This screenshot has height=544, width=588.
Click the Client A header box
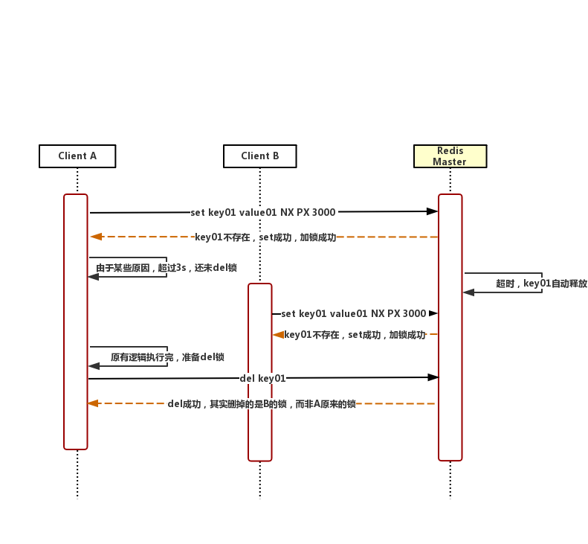(x=77, y=156)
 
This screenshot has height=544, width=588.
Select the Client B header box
(x=259, y=156)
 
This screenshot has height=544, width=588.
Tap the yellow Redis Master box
(x=450, y=156)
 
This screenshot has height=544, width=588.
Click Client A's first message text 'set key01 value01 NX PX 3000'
(x=262, y=212)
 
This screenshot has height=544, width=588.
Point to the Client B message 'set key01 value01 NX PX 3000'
(x=353, y=314)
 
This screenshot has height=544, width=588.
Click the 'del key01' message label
(x=262, y=378)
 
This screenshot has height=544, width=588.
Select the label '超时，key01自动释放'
(x=541, y=284)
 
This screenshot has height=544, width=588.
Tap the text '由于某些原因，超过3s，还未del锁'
(x=166, y=268)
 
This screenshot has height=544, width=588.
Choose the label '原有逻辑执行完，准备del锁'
(x=167, y=357)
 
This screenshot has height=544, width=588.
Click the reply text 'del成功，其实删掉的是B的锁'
(x=262, y=404)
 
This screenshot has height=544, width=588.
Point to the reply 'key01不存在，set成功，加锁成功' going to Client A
(x=265, y=237)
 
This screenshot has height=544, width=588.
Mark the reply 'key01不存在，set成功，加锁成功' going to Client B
(x=355, y=335)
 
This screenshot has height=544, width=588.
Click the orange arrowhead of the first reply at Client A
(x=96, y=237)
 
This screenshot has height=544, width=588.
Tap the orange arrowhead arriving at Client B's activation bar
(x=278, y=335)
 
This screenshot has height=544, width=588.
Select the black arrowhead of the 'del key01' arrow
(x=433, y=377)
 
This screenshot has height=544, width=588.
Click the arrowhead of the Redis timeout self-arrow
(x=468, y=292)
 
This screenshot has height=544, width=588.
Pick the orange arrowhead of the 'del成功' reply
(x=93, y=403)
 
